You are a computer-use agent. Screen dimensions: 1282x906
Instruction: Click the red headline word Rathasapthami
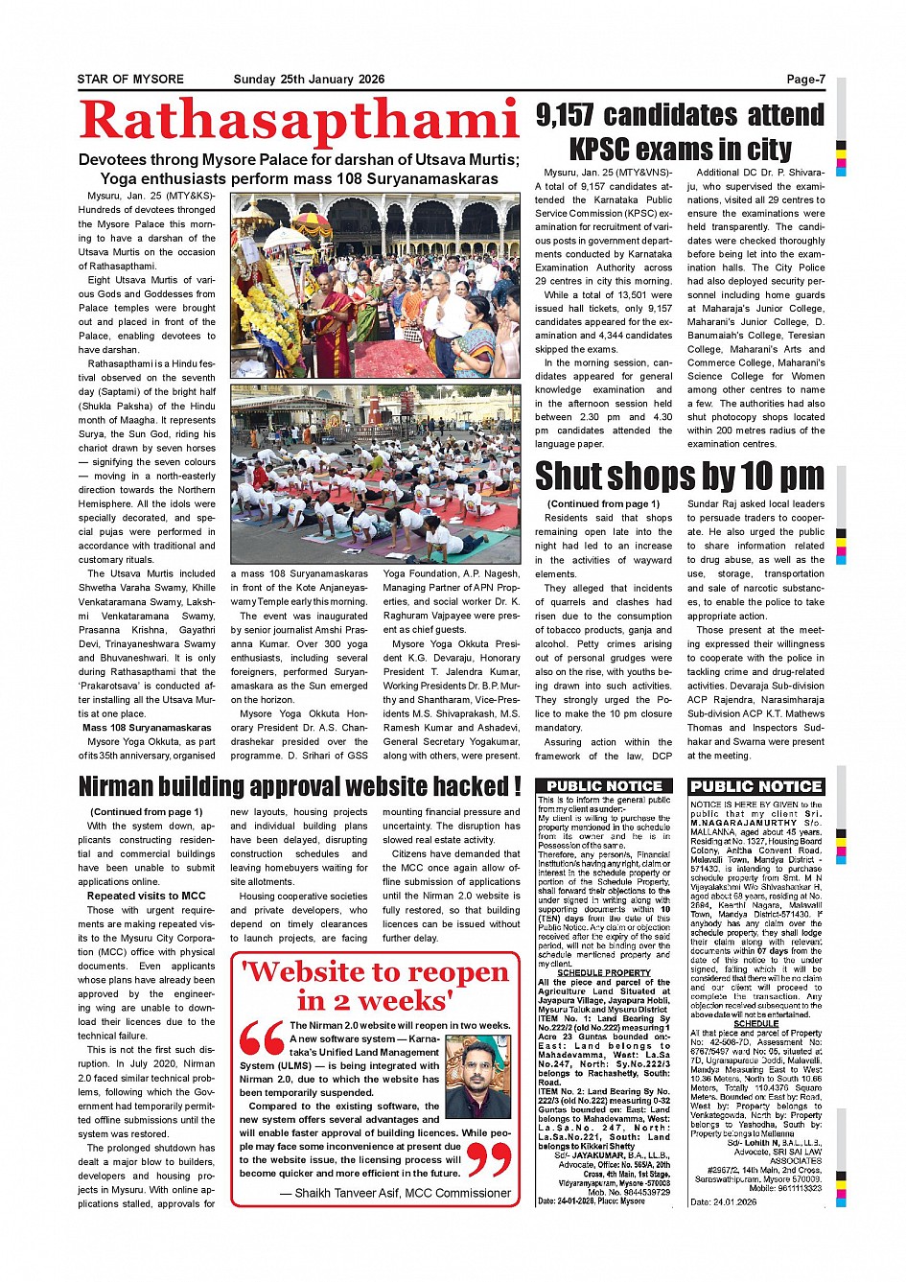click(299, 122)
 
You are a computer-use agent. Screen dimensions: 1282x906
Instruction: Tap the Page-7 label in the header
click(805, 80)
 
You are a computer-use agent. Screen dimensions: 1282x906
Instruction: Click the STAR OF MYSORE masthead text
click(130, 80)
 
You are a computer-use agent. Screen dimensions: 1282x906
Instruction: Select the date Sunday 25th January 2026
click(309, 80)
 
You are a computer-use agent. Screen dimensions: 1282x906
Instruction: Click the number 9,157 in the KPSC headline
click(566, 116)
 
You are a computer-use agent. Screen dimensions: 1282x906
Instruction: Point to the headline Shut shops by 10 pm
click(679, 476)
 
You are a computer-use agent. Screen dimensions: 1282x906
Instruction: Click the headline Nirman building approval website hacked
click(299, 786)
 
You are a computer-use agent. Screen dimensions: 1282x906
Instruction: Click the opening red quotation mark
click(261, 1038)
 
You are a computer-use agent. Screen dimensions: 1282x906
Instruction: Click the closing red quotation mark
click(489, 1159)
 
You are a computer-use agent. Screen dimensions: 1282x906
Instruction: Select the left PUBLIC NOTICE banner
click(605, 786)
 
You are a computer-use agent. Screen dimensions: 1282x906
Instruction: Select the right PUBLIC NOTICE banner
click(756, 786)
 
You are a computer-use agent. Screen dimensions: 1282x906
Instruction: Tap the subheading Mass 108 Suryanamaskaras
click(147, 728)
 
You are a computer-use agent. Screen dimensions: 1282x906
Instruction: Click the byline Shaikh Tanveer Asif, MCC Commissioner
click(395, 1193)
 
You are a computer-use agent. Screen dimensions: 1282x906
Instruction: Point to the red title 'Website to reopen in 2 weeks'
click(375, 987)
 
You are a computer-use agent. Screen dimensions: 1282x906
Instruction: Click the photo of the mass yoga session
click(375, 475)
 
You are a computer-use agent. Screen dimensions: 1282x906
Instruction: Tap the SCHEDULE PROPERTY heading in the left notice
click(604, 972)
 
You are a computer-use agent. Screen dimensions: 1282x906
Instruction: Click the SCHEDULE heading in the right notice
click(755, 1023)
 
